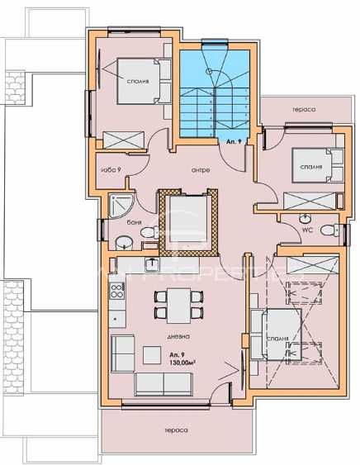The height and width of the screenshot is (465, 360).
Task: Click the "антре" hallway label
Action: tap(199, 170)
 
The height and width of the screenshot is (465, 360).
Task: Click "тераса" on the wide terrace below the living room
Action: tap(176, 430)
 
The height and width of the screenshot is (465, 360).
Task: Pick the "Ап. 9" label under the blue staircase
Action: tap(234, 142)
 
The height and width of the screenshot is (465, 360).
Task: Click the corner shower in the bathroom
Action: tap(120, 201)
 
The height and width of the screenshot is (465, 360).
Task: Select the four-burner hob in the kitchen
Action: tap(116, 291)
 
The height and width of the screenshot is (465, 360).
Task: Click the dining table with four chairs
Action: tap(175, 306)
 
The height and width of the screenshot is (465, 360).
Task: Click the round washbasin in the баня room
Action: tap(122, 242)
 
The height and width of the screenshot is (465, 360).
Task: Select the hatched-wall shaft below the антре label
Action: tap(189, 221)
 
